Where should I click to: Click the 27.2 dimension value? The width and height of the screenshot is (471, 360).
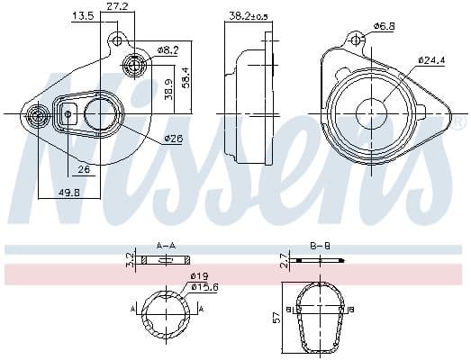point(116,6)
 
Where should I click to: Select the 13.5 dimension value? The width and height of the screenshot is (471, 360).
point(82,16)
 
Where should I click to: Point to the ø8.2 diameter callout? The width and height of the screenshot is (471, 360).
point(168,49)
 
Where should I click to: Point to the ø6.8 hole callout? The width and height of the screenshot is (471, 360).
point(385,26)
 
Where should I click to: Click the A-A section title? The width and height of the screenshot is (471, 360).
point(166,245)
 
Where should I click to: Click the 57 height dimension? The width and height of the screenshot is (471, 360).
point(276,317)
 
